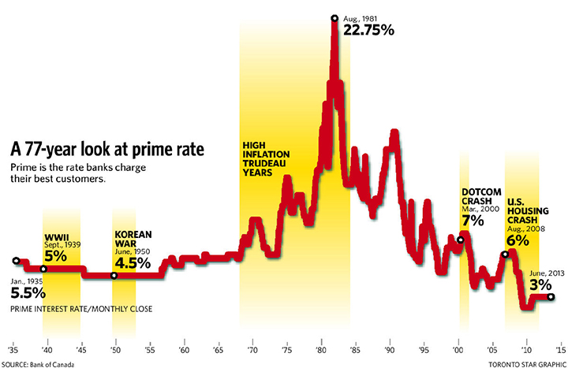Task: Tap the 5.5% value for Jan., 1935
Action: coord(27,292)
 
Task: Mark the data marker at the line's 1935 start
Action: coord(15,261)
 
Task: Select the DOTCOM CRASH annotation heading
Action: coord(479,197)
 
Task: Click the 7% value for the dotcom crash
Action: coord(473,222)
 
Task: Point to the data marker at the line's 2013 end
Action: coord(550,297)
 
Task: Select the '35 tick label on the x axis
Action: coord(13,348)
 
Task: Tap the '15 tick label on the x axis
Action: coord(559,348)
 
